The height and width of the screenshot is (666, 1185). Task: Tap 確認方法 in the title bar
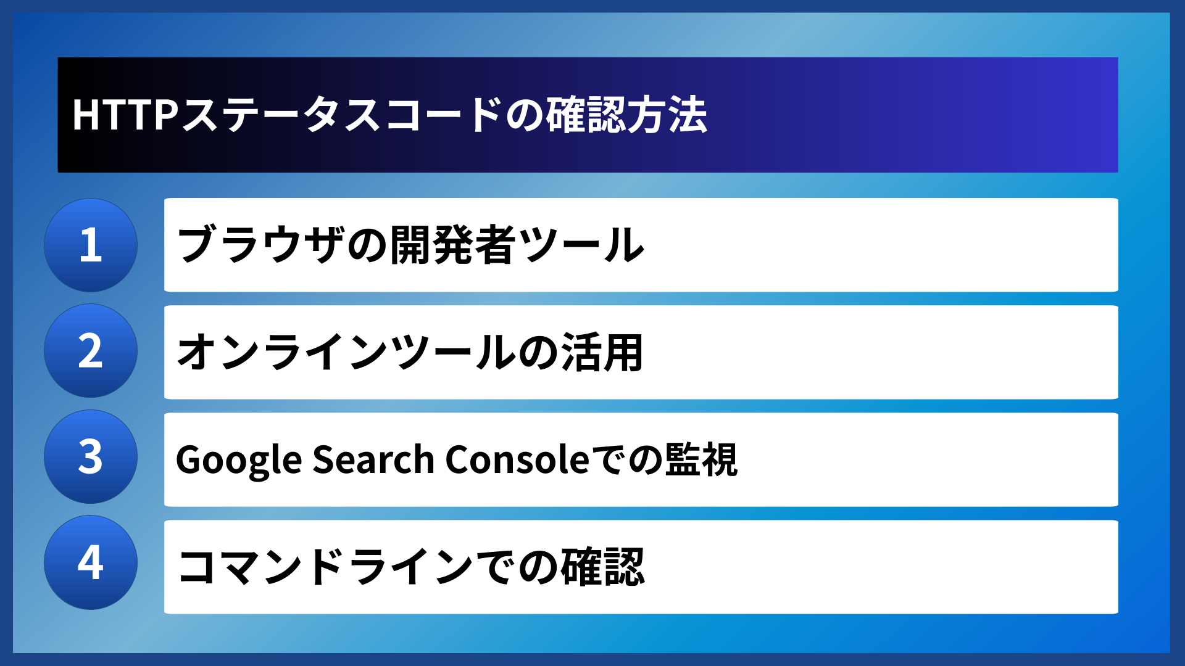[x=626, y=115]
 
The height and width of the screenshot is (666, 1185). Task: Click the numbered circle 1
[x=91, y=245]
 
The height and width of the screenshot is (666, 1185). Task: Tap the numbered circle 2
[x=91, y=351]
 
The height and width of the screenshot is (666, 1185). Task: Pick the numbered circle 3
[x=91, y=457]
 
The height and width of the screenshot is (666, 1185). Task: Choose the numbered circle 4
[x=91, y=562]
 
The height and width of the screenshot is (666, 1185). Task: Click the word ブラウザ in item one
[x=259, y=245]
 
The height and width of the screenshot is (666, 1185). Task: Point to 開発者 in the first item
[x=453, y=245]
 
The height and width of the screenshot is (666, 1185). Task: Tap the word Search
[x=373, y=460]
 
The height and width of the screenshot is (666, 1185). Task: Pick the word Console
[x=517, y=460]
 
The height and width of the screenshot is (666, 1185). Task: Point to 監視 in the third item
[x=701, y=460]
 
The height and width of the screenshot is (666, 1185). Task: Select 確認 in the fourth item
[x=602, y=567]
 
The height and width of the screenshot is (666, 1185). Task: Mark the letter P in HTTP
[x=166, y=115]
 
